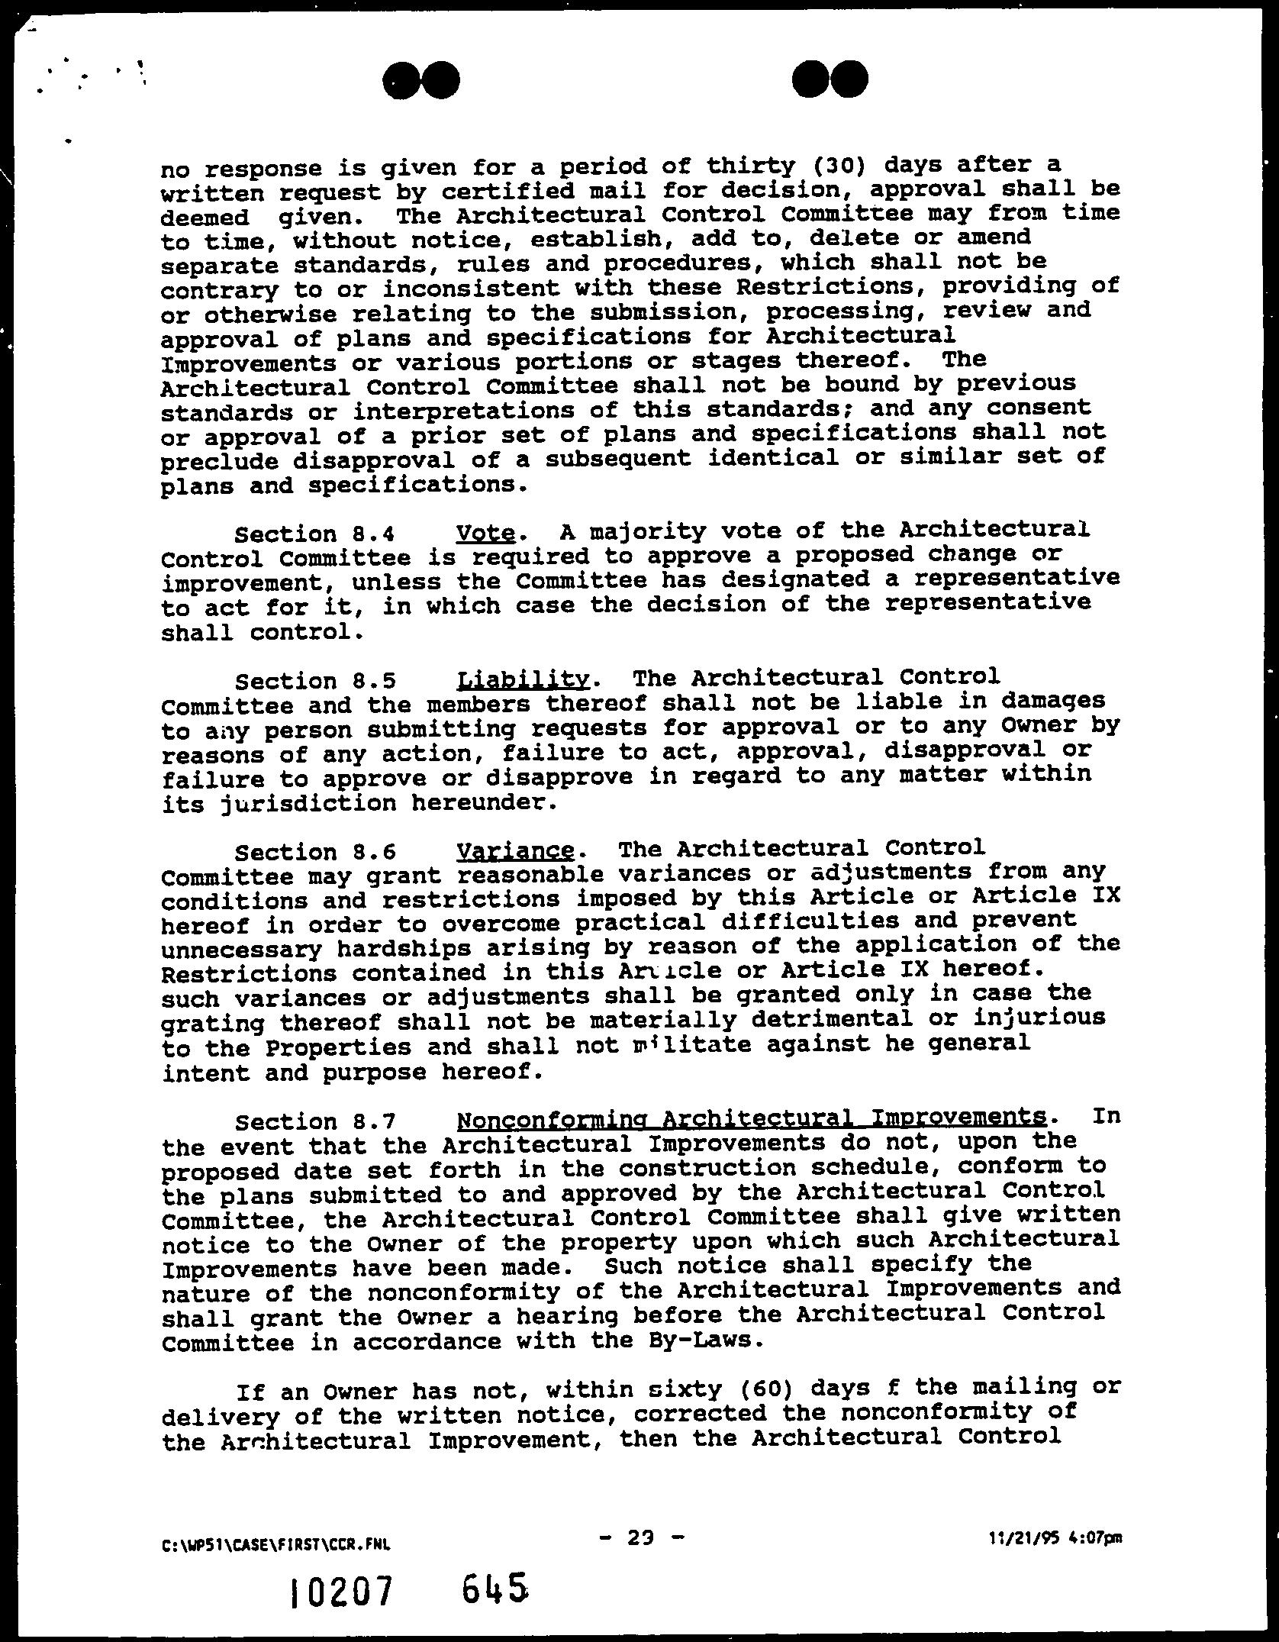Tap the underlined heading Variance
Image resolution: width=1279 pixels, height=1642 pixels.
tap(515, 850)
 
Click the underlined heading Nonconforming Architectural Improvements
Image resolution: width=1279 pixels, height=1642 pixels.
tap(751, 1119)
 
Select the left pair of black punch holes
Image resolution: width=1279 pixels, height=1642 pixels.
tap(422, 79)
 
